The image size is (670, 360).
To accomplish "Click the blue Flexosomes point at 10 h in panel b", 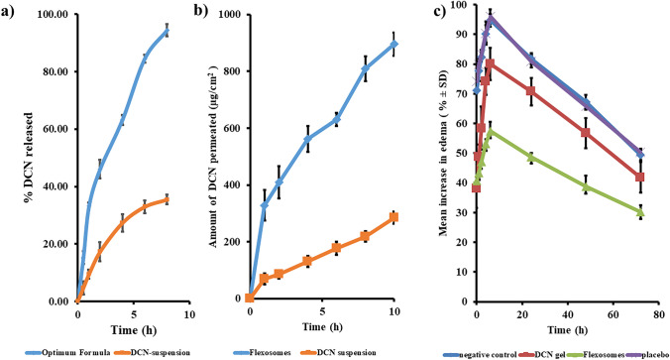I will [394, 44].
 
